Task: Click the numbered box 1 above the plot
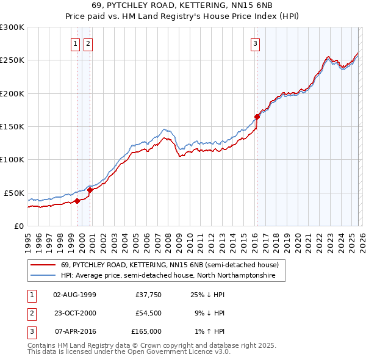[x=75, y=43]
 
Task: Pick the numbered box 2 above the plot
[x=88, y=43]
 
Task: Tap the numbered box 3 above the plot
[x=254, y=43]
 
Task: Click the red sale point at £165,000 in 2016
[x=257, y=117]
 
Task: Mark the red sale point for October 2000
[x=90, y=190]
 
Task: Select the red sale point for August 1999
[x=77, y=201]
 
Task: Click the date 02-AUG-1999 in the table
[x=75, y=295]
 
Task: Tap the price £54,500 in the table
[x=148, y=313]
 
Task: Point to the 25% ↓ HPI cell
[x=208, y=295]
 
